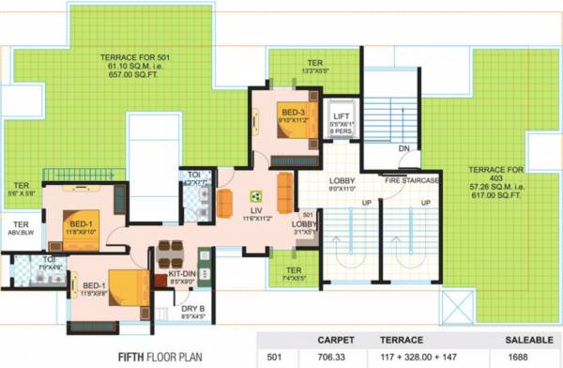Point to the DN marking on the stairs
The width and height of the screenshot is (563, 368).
[403, 148]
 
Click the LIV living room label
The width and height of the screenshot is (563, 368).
[255, 211]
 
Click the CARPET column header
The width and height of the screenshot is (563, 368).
[335, 339]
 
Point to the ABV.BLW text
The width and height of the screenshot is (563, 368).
[20, 237]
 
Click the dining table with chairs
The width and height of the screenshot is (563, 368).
[171, 252]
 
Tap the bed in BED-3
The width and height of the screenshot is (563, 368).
[298, 123]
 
